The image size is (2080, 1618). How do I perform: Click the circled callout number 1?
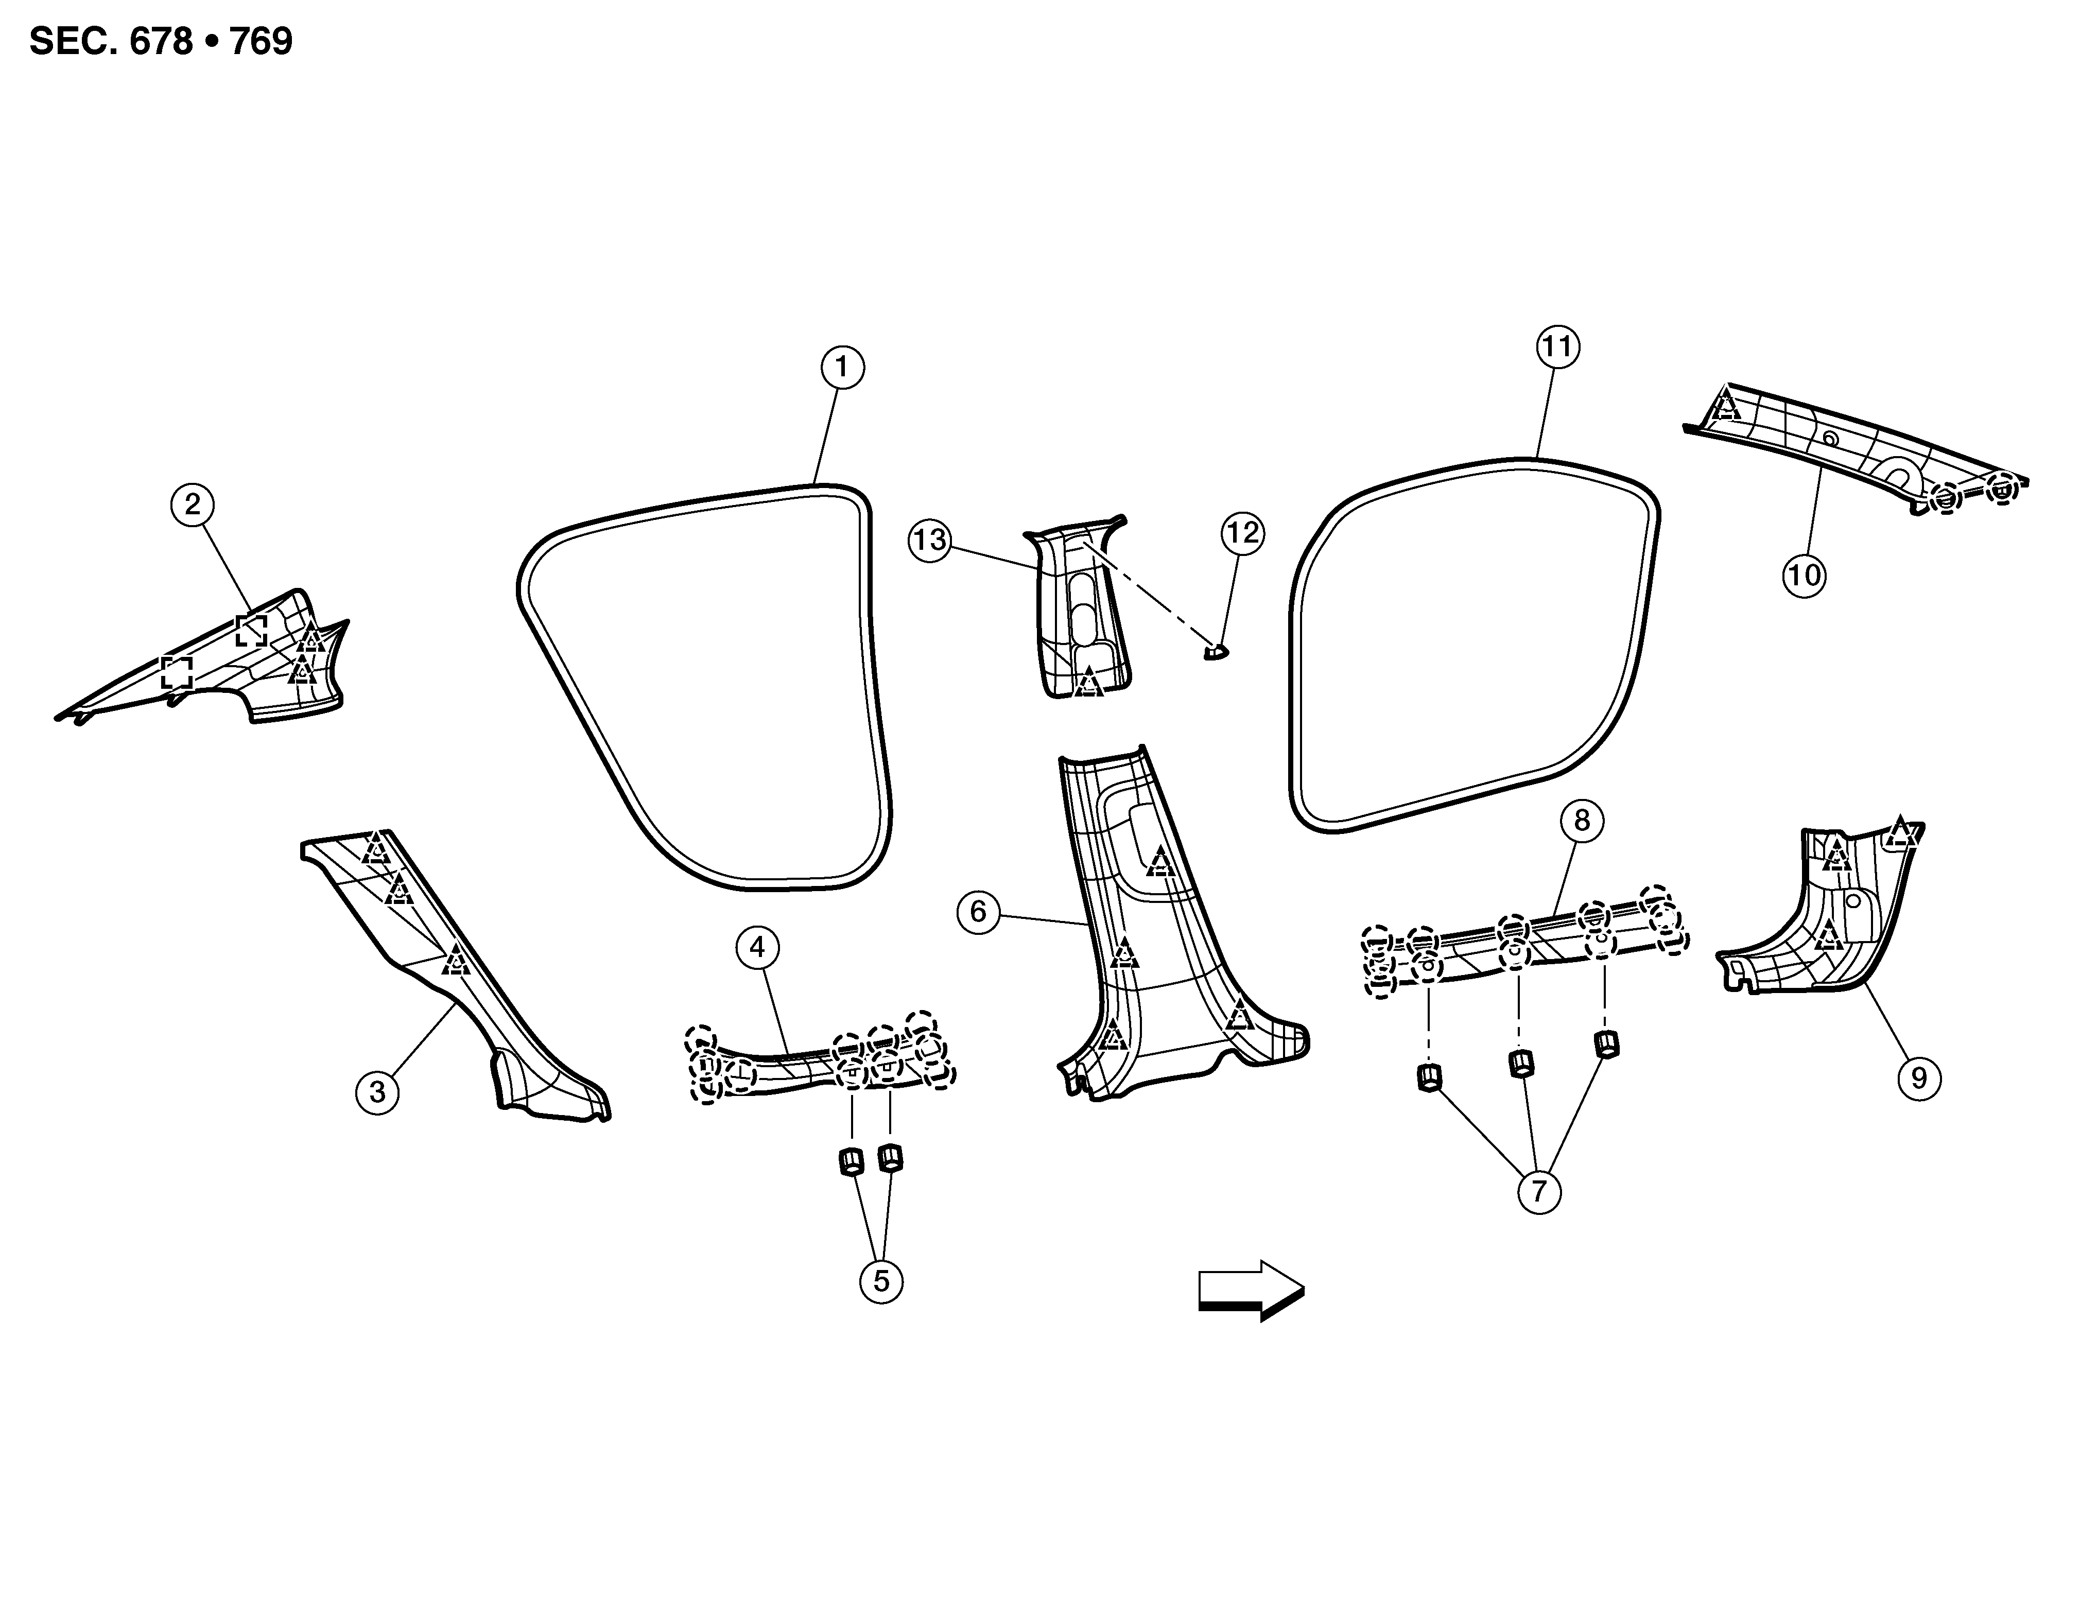(842, 368)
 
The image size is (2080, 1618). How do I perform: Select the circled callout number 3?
(377, 1091)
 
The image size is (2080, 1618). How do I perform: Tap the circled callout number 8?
(1582, 820)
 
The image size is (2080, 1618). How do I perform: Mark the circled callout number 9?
(1918, 1078)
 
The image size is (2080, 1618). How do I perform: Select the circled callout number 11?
(1557, 346)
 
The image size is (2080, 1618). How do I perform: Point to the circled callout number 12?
(1242, 533)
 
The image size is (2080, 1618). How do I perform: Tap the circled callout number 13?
(929, 540)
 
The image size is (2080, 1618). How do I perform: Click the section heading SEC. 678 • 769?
(161, 42)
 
